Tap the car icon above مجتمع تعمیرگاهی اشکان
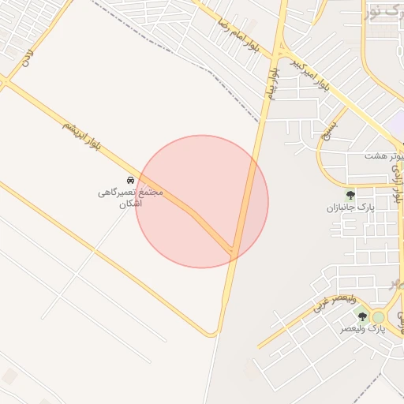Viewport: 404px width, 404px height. pyautogui.click(x=131, y=180)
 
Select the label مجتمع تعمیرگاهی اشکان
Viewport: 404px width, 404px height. pyautogui.click(x=130, y=198)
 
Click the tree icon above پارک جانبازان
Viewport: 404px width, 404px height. pyautogui.click(x=350, y=194)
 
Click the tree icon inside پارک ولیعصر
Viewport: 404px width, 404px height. pyautogui.click(x=363, y=316)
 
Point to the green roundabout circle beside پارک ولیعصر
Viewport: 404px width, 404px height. pyautogui.click(x=379, y=316)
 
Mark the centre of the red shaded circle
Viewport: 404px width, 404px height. pyautogui.click(x=202, y=201)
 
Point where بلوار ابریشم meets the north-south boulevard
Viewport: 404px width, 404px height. pyautogui.click(x=233, y=251)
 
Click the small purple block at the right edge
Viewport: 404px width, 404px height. pyautogui.click(x=397, y=121)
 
